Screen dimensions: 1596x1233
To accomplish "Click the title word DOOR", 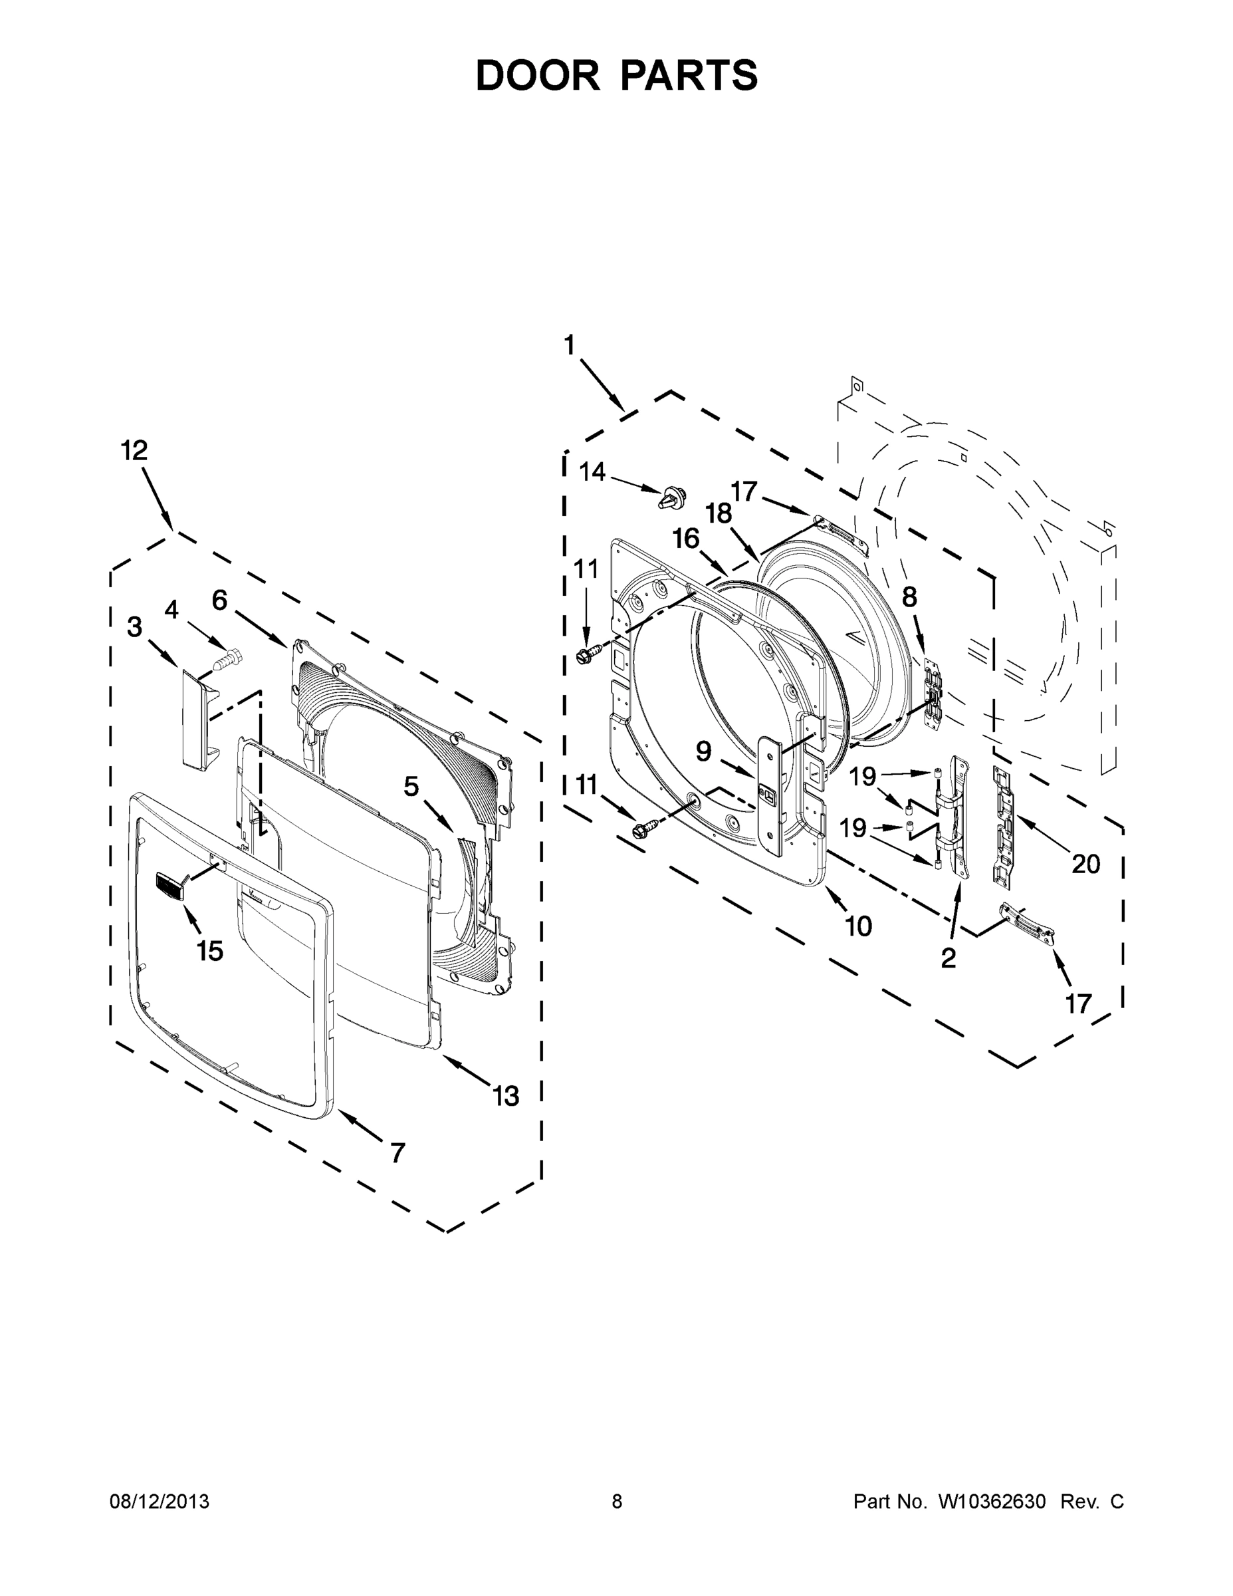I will [538, 75].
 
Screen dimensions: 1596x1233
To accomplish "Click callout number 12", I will [134, 451].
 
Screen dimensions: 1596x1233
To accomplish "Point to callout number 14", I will [592, 472].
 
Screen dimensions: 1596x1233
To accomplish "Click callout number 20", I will [1085, 864].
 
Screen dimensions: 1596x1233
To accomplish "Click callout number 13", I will [505, 1096].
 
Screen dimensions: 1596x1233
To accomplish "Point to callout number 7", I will [397, 1153].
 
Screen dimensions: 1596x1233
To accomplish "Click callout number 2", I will [948, 958].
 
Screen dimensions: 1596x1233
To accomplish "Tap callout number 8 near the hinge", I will [909, 598].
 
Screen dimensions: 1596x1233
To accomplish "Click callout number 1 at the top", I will [570, 344].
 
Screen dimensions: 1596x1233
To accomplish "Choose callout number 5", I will [411, 787].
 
